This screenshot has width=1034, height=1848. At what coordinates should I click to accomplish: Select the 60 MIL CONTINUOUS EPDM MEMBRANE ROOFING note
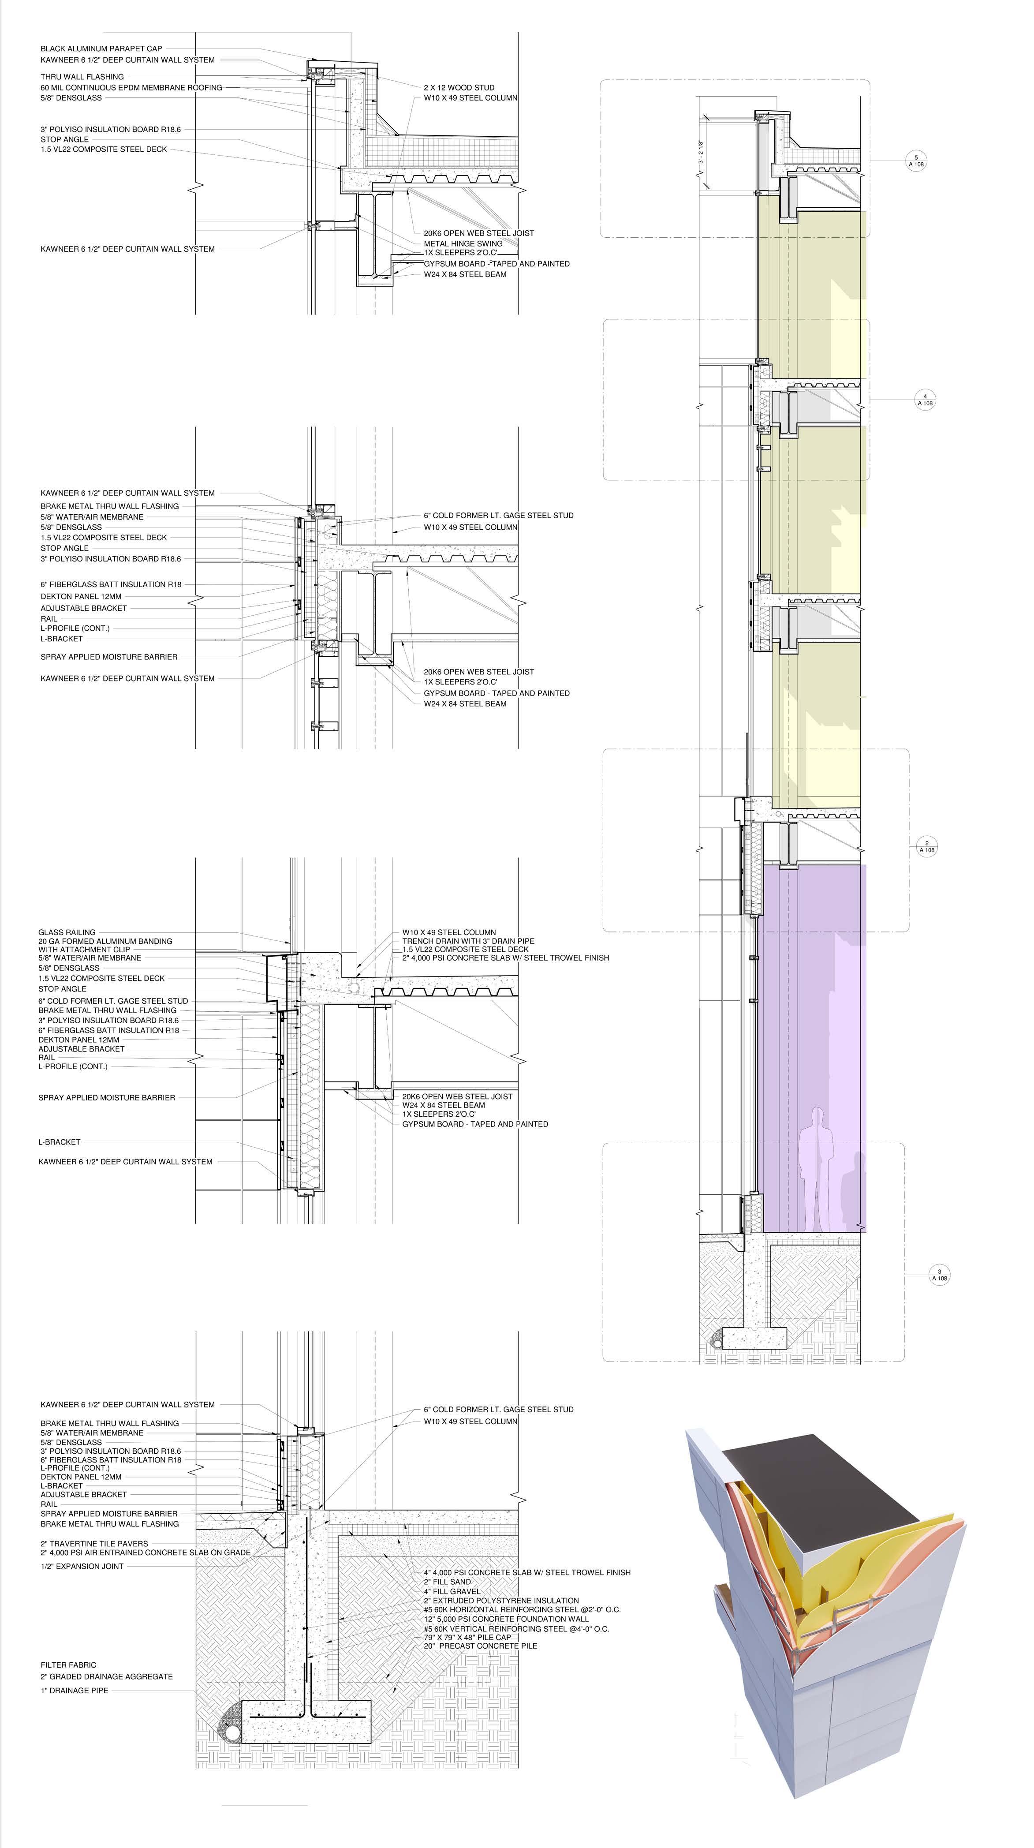131,87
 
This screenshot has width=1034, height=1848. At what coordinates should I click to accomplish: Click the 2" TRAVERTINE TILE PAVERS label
94,1543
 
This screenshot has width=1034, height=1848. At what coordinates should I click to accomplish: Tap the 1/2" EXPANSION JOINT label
82,1566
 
